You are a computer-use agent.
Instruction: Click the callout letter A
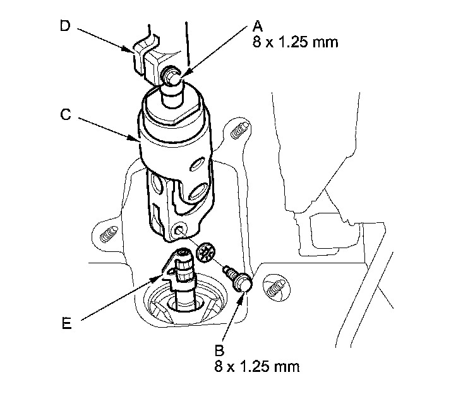(x=257, y=26)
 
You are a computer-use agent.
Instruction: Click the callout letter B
(x=219, y=350)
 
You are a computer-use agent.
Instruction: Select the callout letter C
(x=66, y=114)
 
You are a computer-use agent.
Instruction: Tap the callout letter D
(x=65, y=25)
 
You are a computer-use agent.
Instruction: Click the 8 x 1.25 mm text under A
(x=296, y=42)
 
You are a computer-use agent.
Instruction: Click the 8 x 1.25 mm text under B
(x=257, y=366)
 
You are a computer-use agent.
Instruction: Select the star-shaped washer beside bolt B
(x=207, y=253)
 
